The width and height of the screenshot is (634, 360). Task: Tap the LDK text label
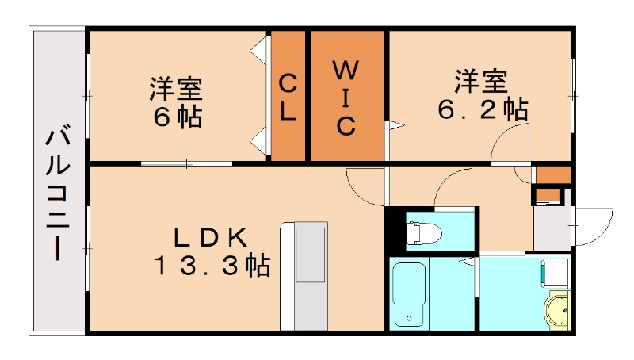tap(212, 236)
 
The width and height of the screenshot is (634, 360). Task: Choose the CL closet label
tap(288, 97)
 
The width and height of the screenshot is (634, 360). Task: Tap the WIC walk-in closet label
tap(347, 97)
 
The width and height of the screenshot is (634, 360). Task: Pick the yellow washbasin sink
tap(559, 307)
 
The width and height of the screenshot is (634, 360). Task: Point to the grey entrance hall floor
tap(551, 226)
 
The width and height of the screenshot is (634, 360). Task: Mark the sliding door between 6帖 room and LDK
tap(187, 163)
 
